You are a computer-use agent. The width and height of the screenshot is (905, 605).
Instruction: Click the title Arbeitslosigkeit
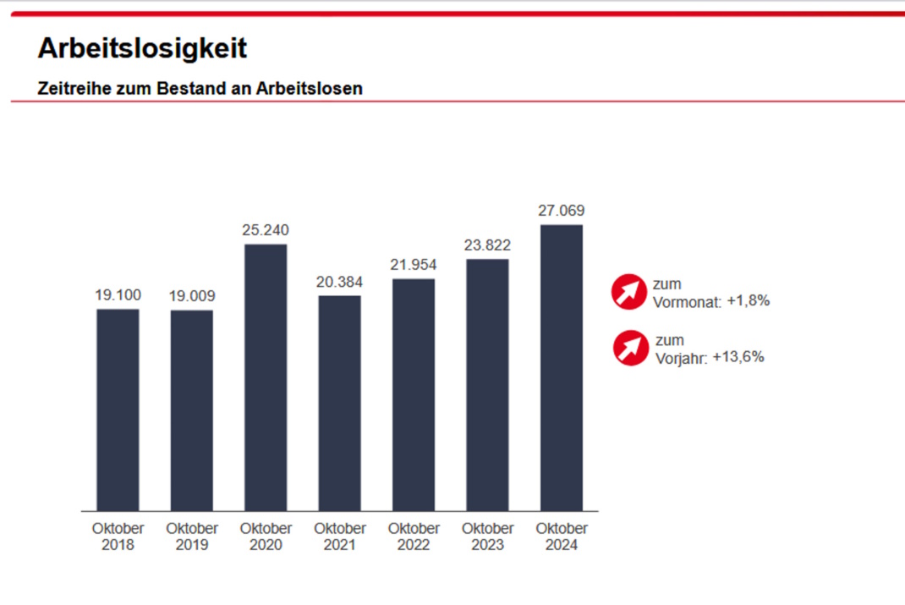click(142, 48)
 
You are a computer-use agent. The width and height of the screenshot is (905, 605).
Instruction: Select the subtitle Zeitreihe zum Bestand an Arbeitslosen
click(200, 88)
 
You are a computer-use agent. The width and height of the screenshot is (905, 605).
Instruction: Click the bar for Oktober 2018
click(118, 410)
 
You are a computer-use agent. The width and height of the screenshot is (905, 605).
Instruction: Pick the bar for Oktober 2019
click(192, 410)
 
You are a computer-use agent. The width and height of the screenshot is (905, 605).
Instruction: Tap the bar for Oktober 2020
click(266, 377)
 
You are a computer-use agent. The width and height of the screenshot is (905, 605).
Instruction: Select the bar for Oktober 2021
click(339, 403)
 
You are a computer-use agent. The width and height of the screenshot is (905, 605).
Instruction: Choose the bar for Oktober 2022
click(414, 394)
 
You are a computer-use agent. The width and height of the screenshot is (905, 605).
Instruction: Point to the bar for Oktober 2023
click(487, 385)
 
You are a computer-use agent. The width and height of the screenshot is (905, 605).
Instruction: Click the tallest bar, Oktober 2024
click(562, 367)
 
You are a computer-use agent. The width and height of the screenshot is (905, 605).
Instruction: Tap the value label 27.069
click(562, 211)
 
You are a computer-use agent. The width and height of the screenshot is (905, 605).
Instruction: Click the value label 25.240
click(266, 230)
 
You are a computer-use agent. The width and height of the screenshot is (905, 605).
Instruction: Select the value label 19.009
click(192, 296)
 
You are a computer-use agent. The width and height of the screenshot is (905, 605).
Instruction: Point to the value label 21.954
click(414, 265)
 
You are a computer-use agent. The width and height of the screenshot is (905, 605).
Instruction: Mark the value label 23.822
click(487, 245)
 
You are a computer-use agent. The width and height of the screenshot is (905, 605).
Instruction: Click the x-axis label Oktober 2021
click(339, 536)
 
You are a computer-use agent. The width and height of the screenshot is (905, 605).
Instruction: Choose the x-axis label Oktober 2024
click(562, 536)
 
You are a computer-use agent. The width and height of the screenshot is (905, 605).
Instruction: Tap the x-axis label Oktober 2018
click(118, 536)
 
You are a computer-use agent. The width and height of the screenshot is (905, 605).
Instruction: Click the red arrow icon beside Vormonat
click(629, 292)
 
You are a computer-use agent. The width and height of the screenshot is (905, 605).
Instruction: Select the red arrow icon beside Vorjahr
click(631, 349)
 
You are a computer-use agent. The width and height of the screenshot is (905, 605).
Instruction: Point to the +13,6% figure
click(738, 357)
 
